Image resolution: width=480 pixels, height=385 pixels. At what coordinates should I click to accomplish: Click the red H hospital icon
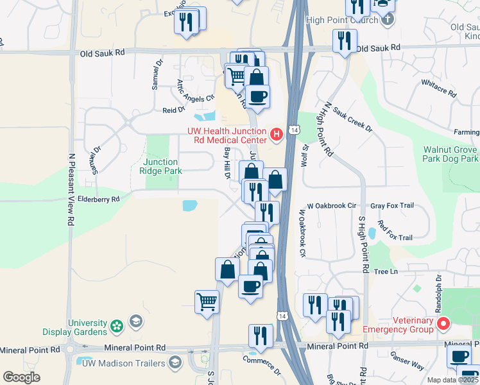click(277, 133)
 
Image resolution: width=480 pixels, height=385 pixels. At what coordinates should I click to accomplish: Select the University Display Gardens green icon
click(116, 326)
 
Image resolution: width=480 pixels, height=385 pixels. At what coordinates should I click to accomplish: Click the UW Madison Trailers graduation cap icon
click(175, 363)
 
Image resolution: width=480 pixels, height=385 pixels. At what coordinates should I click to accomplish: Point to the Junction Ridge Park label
click(161, 167)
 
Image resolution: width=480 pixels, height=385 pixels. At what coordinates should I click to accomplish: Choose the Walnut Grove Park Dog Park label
click(450, 154)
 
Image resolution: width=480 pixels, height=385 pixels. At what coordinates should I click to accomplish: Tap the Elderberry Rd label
click(98, 200)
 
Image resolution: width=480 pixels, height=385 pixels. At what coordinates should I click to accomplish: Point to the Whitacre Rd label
click(439, 89)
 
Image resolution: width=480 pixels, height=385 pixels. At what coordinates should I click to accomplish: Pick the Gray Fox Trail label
click(391, 206)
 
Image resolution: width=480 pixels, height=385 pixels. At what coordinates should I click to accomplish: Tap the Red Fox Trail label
click(395, 230)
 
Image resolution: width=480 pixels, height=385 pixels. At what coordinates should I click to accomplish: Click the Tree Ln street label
click(386, 271)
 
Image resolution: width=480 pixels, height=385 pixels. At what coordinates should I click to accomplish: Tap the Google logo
click(21, 377)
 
